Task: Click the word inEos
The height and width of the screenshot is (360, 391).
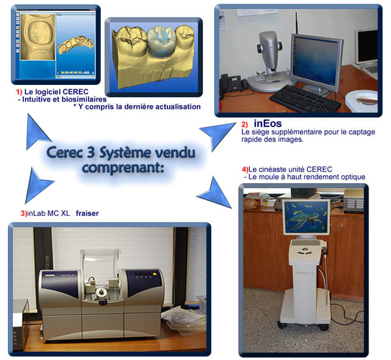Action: [x=268, y=123]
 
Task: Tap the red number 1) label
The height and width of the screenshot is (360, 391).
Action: [x=19, y=92]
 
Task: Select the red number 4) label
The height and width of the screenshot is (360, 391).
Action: [x=245, y=169]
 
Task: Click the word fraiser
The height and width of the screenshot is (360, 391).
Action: [x=87, y=213]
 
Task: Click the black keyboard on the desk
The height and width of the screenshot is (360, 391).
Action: [x=305, y=99]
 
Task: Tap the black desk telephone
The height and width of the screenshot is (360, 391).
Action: [x=231, y=84]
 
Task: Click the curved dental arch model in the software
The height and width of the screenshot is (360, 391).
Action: [x=76, y=44]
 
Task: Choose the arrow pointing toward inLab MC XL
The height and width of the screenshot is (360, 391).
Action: [x=37, y=185]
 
